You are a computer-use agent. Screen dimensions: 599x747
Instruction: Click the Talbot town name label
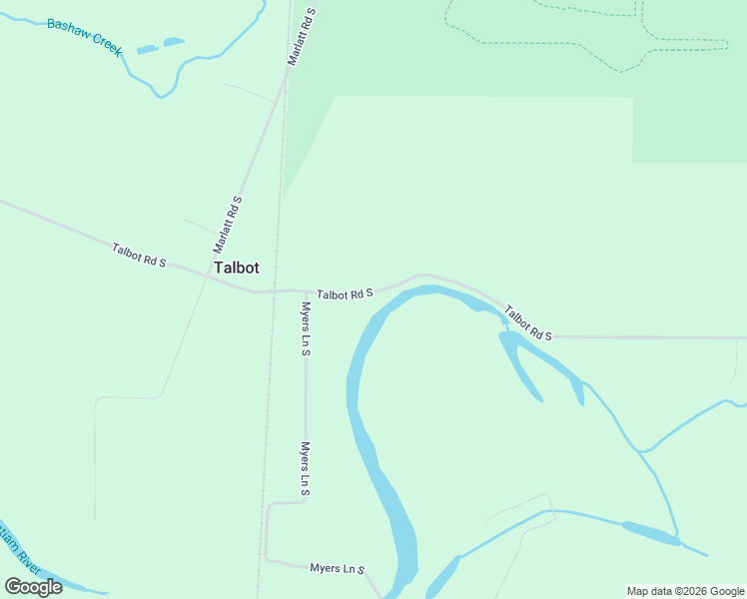[x=237, y=269]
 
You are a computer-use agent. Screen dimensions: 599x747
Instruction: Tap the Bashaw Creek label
[x=84, y=35]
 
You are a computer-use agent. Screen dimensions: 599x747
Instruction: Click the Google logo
[x=33, y=587]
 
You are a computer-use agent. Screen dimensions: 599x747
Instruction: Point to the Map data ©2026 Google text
[x=685, y=591]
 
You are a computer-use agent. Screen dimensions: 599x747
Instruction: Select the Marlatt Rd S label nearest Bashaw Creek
[x=302, y=36]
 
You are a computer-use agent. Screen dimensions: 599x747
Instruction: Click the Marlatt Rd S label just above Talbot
[x=228, y=224]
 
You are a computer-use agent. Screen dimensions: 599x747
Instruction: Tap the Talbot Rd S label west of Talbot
[x=139, y=255]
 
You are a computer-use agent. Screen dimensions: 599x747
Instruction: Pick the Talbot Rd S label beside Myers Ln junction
[x=345, y=295]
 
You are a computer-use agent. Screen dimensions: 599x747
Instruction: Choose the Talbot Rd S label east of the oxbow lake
[x=528, y=322]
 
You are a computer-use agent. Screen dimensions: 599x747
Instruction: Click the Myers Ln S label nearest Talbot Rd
[x=306, y=329]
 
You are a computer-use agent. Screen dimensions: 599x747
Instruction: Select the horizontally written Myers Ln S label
[x=338, y=568]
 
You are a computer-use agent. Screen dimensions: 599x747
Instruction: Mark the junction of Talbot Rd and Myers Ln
[x=306, y=292]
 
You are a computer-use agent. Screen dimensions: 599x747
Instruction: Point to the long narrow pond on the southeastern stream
[x=650, y=533]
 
